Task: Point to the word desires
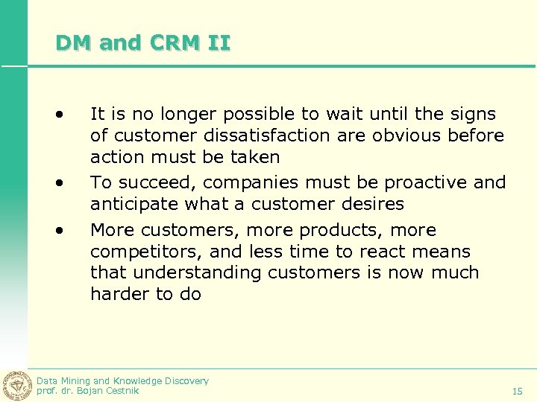[371, 204]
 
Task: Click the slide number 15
[517, 391]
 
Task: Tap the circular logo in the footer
[16, 386]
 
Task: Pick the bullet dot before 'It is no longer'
[57, 115]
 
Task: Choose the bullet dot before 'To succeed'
[57, 183]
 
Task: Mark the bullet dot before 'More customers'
[57, 231]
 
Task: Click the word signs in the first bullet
[474, 114]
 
